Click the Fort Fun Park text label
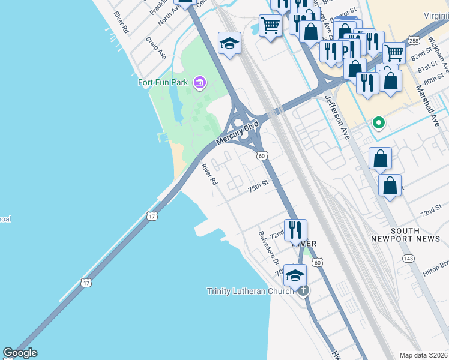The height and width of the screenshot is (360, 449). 163,82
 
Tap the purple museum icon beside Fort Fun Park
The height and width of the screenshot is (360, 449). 199,82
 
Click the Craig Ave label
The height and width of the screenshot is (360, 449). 156,47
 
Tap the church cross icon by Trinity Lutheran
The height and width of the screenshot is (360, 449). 303,291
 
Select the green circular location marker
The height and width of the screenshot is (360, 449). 378,123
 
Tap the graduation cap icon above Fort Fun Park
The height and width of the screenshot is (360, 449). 229,43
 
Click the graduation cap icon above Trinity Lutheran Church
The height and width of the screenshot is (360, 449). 295,275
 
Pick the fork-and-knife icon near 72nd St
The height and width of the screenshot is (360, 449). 295,230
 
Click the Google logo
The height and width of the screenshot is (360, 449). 20,353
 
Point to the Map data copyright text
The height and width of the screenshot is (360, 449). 423,355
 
